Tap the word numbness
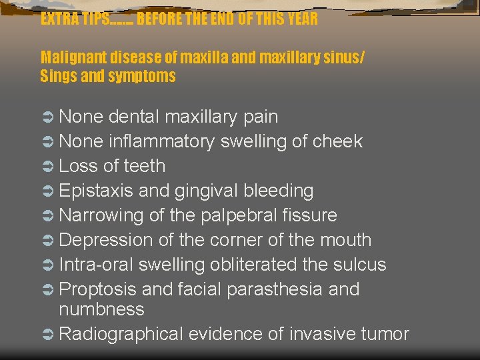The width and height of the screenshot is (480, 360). tap(101, 309)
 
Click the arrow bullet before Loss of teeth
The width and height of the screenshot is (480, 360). tap(48, 166)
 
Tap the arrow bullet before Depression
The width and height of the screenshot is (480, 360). tap(48, 240)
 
